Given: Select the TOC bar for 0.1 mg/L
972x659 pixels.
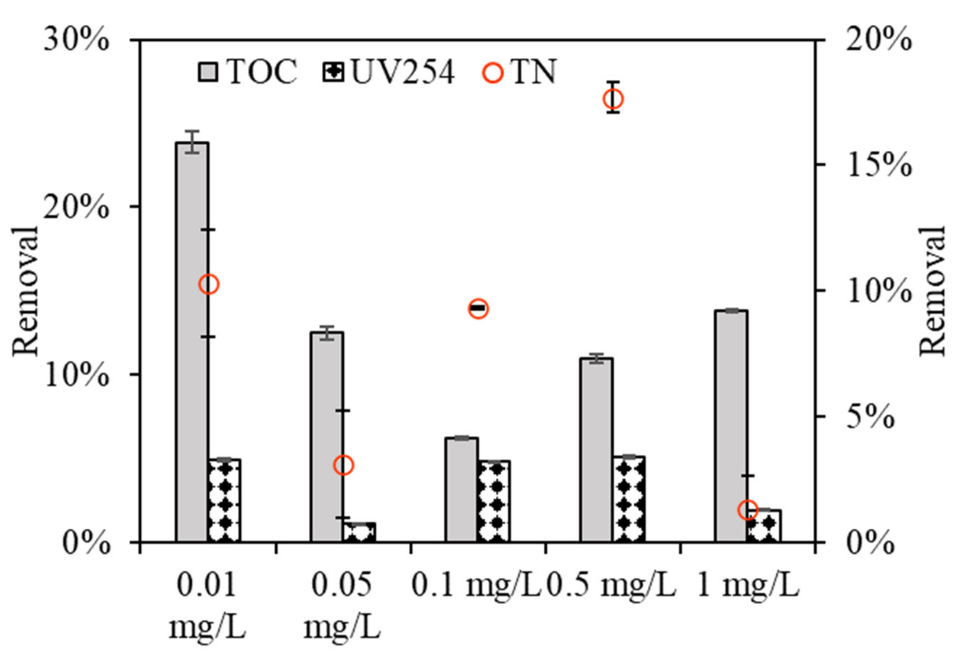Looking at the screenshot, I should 461,489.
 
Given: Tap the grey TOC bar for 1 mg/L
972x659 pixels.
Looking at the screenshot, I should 731,426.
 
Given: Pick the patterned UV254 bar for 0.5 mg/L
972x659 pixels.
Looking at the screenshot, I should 629,499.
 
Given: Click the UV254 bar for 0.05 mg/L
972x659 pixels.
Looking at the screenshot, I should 360,532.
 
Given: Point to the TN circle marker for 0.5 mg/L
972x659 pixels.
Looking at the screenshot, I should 613,100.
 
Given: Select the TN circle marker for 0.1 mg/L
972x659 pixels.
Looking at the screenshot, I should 479,309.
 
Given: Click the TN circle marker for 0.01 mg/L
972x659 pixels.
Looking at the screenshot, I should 209,284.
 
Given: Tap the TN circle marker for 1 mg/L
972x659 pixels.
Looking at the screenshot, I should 748,510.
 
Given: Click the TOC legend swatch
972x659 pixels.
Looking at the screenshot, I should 208,72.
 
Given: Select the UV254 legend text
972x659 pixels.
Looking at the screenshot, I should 402,72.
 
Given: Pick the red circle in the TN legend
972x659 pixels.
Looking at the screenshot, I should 493,73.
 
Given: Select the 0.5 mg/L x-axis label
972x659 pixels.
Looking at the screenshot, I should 612,586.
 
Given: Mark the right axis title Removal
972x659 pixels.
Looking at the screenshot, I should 933,291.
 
